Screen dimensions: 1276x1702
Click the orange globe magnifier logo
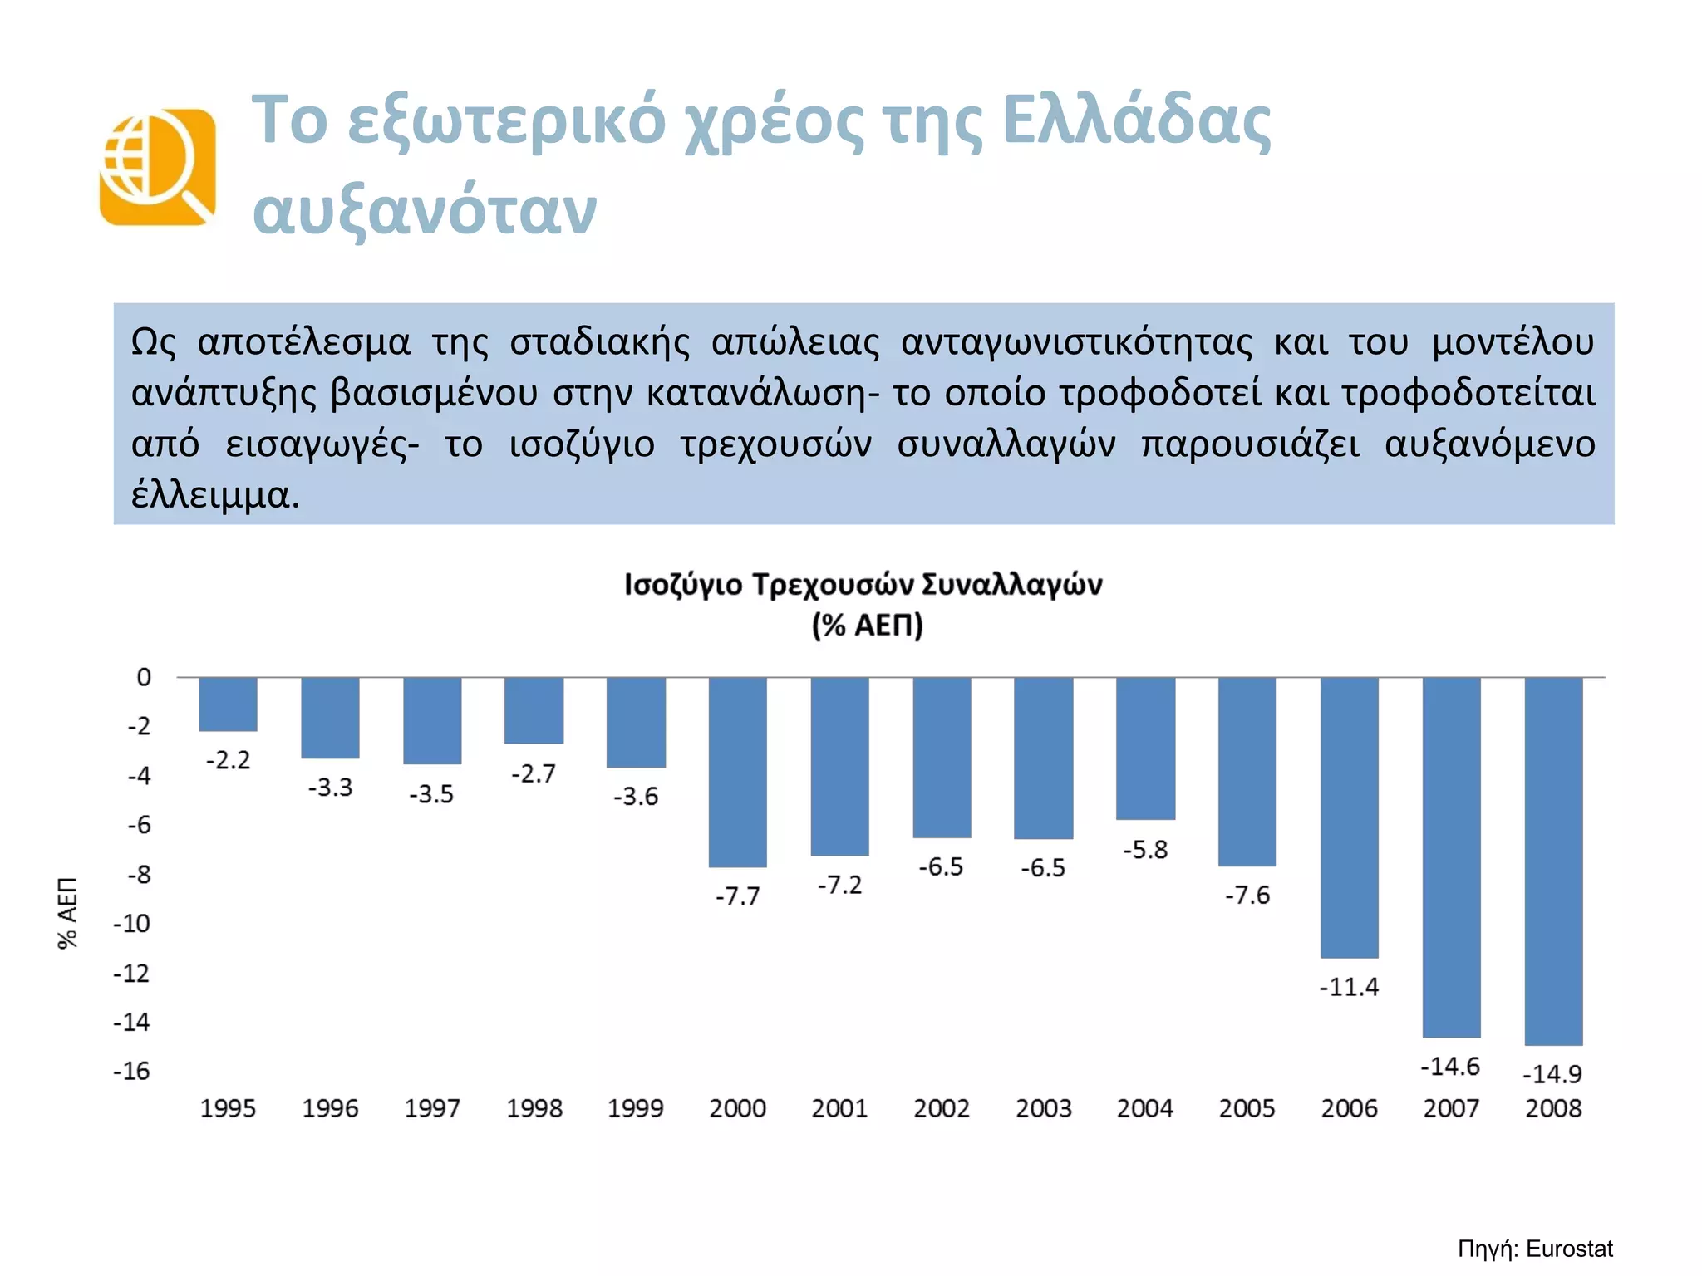click(x=158, y=167)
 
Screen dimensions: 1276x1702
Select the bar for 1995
click(x=228, y=704)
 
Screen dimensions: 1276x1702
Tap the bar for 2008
click(x=1553, y=861)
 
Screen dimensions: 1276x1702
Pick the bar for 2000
click(x=737, y=772)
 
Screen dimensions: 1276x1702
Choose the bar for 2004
click(x=1145, y=748)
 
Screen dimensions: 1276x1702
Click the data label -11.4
click(x=1349, y=987)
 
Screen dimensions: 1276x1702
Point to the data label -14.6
click(x=1450, y=1066)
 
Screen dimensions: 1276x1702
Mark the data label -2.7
click(x=534, y=773)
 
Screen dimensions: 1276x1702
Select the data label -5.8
click(x=1145, y=849)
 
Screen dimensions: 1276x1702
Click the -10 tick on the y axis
click(x=133, y=923)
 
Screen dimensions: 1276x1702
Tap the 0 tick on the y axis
click(x=144, y=677)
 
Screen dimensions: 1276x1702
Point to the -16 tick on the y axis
click(x=133, y=1071)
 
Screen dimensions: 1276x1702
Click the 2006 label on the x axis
click(x=1349, y=1108)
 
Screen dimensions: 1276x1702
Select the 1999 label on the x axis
click(x=636, y=1108)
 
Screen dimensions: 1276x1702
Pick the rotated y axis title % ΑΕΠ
click(x=68, y=912)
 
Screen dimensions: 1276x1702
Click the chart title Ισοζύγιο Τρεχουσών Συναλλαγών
click(x=863, y=584)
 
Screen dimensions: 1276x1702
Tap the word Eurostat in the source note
click(x=1569, y=1249)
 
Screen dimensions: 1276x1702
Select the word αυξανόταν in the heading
click(x=425, y=209)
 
